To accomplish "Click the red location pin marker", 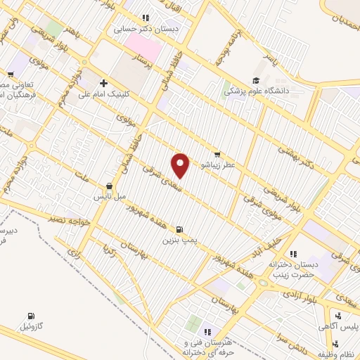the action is pos(181,165).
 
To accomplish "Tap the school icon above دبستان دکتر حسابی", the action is pos(146,18).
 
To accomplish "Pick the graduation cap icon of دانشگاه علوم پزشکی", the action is pos(257,80).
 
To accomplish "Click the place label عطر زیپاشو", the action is pos(217,165).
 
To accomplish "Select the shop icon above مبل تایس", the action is pos(109,187).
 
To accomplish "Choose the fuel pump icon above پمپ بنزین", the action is pos(179,229).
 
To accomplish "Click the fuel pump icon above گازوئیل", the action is pos(31,316).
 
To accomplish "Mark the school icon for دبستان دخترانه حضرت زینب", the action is pos(293,254).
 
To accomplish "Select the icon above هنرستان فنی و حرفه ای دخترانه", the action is pos(207,332).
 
